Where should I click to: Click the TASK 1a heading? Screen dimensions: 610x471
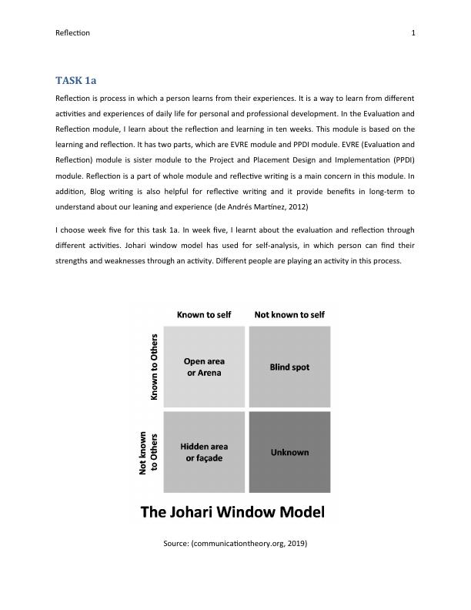(75, 80)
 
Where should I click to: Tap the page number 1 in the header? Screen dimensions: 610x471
(413, 33)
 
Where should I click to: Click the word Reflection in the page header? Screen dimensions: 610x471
(73, 33)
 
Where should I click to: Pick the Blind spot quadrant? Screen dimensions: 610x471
(289, 367)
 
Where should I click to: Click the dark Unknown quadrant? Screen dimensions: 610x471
(289, 452)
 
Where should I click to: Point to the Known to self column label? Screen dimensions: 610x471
(203, 315)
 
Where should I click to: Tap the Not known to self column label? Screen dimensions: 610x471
(289, 315)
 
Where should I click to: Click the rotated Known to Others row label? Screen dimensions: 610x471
(154, 367)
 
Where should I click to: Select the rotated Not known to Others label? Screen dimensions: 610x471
(149, 452)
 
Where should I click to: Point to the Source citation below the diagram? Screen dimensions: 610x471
(235, 544)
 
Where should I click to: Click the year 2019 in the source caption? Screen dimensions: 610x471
(296, 544)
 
